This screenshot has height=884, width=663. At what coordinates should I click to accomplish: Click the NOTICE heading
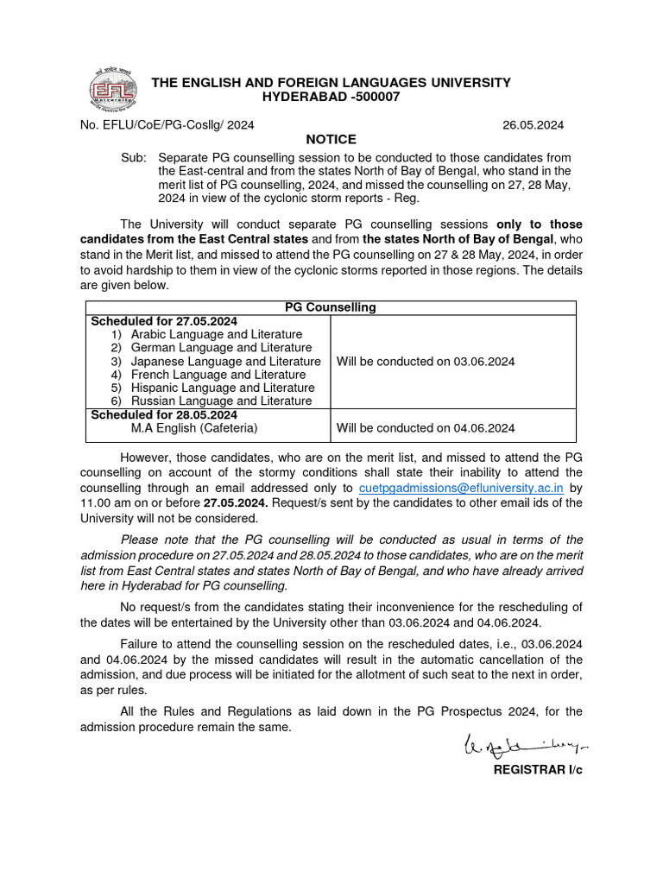pos(331,140)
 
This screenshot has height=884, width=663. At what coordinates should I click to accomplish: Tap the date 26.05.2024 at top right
pos(533,125)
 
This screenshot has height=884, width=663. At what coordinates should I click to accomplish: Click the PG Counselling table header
pos(331,307)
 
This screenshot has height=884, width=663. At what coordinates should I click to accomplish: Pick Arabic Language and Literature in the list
pos(216,334)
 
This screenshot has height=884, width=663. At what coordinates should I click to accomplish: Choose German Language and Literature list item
pos(221,348)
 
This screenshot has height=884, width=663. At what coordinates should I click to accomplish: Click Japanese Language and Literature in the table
pos(225,362)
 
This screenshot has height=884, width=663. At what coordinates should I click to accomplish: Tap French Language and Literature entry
pos(218,375)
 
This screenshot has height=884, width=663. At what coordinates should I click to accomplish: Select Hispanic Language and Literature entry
pos(222,388)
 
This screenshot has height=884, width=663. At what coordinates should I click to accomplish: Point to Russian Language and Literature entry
pos(221,401)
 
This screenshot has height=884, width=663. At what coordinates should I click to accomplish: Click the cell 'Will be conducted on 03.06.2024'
pos(426,362)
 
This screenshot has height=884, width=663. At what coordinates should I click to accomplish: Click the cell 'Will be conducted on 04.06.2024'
pos(426,428)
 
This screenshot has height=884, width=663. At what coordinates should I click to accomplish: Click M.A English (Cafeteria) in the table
pos(194,428)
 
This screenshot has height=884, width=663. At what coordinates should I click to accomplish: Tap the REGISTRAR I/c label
pos(537,769)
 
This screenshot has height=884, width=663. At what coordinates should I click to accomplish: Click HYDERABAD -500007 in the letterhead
pos(331,97)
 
